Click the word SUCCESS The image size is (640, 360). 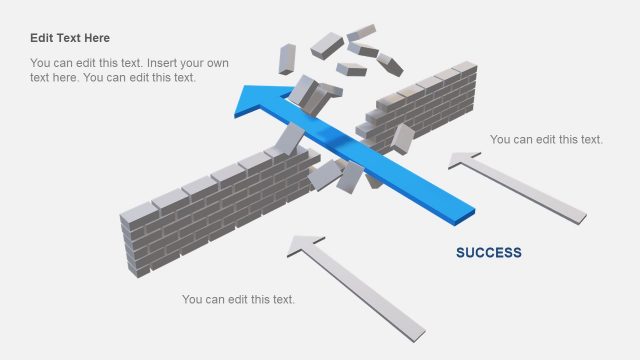(488, 252)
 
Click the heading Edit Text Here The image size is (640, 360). (70, 38)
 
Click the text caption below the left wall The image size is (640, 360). (238, 299)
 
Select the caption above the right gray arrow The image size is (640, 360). (546, 139)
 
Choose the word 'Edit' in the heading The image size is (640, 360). (41, 38)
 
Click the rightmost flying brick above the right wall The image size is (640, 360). (389, 64)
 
